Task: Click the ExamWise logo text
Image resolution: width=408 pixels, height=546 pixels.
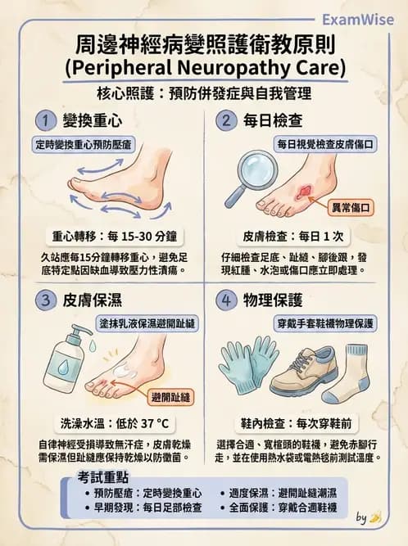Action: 359,18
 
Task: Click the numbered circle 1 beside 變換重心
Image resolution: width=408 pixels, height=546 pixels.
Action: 45,121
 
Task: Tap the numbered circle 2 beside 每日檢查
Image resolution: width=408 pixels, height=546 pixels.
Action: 225,121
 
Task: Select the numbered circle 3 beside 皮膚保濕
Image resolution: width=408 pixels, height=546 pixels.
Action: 45,300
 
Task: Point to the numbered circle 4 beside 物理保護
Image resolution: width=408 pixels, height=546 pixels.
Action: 225,300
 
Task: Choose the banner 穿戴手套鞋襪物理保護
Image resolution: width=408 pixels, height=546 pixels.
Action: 326,323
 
